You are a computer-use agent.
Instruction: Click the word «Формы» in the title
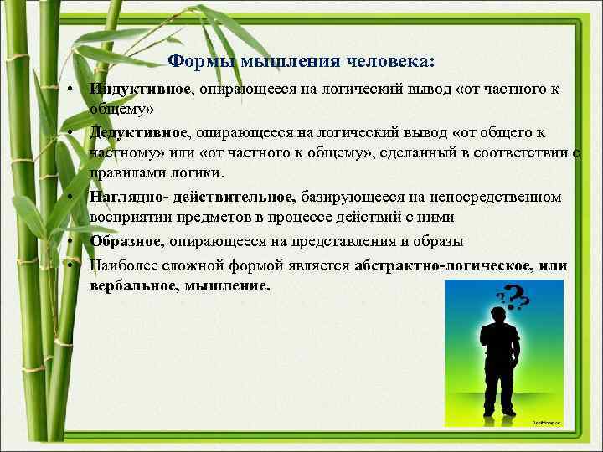pyautogui.click(x=201, y=61)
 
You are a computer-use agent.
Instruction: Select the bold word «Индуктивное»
pyautogui.click(x=142, y=89)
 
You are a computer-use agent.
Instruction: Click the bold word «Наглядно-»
pyautogui.click(x=125, y=198)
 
